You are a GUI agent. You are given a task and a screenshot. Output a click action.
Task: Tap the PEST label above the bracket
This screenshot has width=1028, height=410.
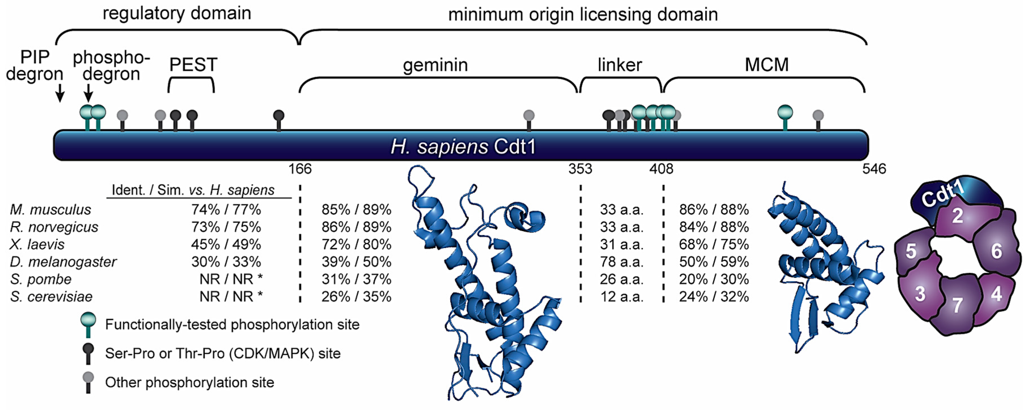[193, 65]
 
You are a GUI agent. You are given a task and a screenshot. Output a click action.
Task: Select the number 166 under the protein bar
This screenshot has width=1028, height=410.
[300, 169]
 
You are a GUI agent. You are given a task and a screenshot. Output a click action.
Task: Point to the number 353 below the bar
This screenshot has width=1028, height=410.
[580, 169]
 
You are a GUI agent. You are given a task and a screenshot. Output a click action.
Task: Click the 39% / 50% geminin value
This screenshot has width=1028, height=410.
[356, 262]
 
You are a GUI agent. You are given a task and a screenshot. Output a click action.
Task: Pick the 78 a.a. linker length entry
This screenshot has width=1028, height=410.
[621, 262]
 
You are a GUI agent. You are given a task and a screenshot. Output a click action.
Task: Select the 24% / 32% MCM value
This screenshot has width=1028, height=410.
[714, 296]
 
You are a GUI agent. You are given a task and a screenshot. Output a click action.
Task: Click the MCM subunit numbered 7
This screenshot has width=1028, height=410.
[957, 305]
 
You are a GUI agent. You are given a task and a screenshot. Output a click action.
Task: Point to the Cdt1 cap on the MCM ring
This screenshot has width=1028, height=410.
[950, 195]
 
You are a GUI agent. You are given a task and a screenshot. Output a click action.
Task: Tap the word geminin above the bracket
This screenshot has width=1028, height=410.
[435, 65]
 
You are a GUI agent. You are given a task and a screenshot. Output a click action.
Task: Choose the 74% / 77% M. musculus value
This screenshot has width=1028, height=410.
[226, 209]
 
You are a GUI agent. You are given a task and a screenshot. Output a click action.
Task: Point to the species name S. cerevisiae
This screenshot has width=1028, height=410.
[51, 296]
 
